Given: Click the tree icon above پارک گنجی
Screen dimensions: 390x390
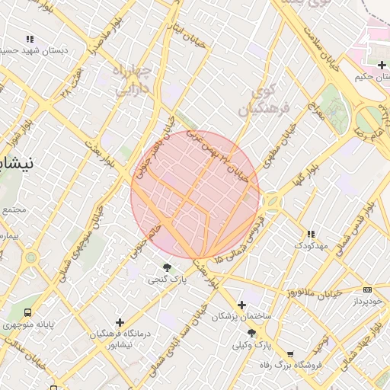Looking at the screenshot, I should tap(167, 267).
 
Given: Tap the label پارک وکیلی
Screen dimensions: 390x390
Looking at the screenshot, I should tap(252, 345).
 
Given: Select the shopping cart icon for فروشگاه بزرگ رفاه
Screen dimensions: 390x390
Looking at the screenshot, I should tap(289, 354).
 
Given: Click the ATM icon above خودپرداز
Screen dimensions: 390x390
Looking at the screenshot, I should tap(368, 289).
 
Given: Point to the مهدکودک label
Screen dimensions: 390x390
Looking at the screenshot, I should tap(310, 246).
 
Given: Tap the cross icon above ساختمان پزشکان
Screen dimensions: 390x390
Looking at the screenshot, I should tap(241, 305).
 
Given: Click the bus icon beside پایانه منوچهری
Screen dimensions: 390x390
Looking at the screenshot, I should tap(29, 312).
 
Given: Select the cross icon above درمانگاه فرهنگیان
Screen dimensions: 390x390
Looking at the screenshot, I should tap(119, 322).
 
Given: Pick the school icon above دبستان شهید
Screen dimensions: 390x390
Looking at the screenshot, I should tap(30, 39).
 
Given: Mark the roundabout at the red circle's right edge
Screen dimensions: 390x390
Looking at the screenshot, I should tap(271, 202).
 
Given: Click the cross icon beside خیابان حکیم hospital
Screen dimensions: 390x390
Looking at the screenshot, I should tap(381, 66).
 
